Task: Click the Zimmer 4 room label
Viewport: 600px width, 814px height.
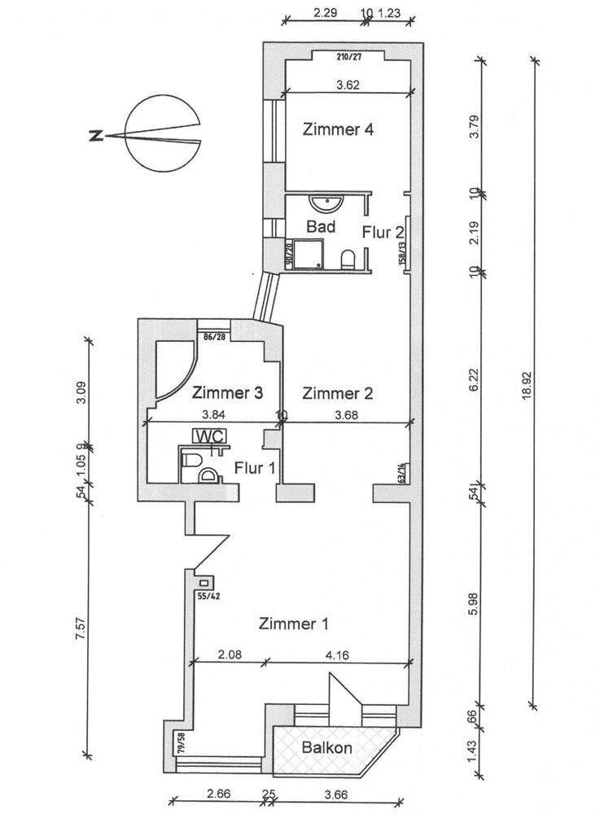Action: coord(338,129)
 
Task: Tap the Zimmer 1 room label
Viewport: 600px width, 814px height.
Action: coord(293,625)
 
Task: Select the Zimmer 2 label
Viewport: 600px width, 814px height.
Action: coord(338,394)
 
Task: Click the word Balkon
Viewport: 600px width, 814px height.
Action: coord(326,748)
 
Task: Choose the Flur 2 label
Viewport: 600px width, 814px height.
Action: coord(383,232)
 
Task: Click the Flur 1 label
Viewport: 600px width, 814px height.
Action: coord(254,468)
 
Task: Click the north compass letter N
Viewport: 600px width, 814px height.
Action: coord(96,136)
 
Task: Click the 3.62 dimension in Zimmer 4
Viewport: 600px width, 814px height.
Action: coord(348,84)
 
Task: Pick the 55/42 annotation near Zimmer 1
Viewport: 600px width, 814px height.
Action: coord(209,596)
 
